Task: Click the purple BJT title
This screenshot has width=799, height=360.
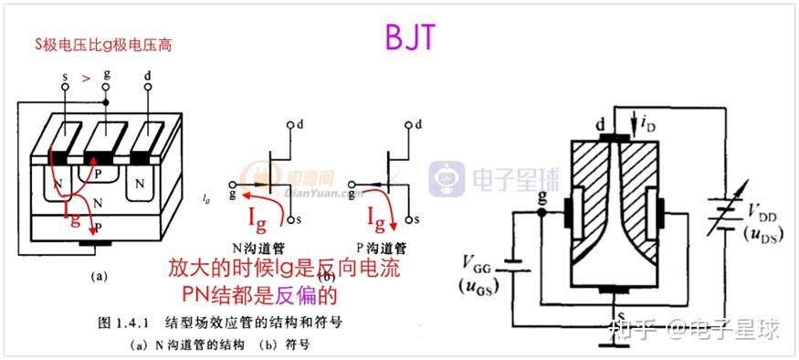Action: pyautogui.click(x=410, y=37)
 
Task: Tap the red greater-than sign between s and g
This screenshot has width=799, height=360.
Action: pyautogui.click(x=86, y=79)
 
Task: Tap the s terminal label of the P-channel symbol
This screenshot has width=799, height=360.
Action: pyautogui.click(x=417, y=220)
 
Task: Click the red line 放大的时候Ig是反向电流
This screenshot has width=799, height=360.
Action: pyautogui.click(x=285, y=270)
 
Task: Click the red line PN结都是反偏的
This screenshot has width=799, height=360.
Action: pyautogui.click(x=260, y=296)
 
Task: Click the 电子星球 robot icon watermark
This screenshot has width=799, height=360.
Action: pyautogui.click(x=447, y=179)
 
